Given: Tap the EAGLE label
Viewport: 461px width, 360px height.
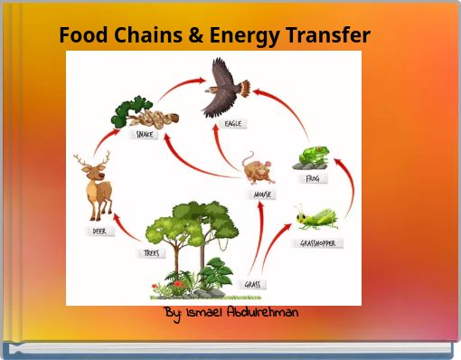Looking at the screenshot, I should (232, 124).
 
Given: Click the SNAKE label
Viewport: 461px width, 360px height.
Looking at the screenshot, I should (145, 135).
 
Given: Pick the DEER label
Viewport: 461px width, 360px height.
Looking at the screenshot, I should (99, 231).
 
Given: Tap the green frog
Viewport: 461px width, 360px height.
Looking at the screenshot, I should (315, 157).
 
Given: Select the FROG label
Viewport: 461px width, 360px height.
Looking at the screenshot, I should (313, 179).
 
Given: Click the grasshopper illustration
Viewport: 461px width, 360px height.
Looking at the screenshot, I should (315, 217).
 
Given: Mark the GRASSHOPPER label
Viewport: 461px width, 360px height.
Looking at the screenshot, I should (321, 243).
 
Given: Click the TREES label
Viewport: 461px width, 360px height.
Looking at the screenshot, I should (151, 253).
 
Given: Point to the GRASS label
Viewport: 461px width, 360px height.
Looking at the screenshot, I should (253, 284).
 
